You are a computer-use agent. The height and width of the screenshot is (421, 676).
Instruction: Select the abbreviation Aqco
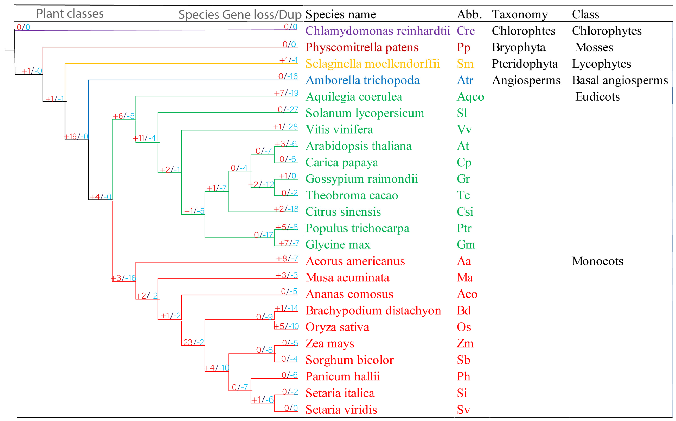click(x=470, y=97)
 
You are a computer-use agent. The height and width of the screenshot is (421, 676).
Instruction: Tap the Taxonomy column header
click(x=520, y=14)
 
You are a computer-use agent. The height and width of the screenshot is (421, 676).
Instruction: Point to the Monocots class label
click(x=598, y=261)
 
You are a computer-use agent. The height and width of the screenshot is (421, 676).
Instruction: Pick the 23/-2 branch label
click(x=193, y=342)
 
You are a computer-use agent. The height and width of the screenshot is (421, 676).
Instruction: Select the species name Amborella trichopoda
click(x=362, y=80)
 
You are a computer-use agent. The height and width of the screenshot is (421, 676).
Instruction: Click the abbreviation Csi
click(x=465, y=212)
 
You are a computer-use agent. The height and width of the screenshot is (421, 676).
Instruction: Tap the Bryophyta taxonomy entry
click(x=518, y=47)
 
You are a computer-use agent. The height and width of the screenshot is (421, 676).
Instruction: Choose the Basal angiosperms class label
click(x=620, y=80)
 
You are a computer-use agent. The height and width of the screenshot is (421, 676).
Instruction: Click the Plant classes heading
click(x=70, y=14)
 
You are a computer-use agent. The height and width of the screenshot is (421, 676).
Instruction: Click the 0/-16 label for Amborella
click(x=288, y=76)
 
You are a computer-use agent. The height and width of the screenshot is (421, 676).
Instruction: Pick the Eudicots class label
click(x=598, y=97)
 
